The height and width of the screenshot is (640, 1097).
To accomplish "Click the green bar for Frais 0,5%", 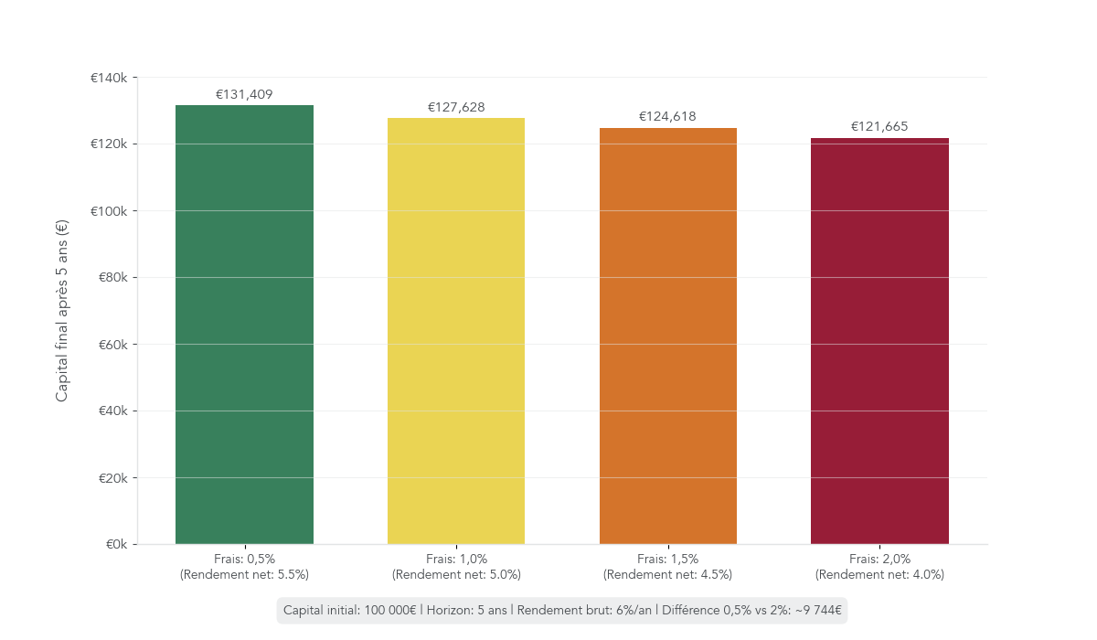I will tap(244, 325).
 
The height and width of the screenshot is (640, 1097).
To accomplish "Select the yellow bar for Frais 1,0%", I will tap(456, 331).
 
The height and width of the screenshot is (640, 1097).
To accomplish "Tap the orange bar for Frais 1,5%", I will tap(668, 336).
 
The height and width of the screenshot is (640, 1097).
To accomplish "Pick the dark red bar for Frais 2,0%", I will tap(879, 341).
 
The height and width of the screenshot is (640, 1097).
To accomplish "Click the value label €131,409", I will tap(244, 94).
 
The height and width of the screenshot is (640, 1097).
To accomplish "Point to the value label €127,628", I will tap(456, 107).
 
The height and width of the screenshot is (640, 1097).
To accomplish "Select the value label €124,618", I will tap(668, 116).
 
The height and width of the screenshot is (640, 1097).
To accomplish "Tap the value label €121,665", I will tap(879, 126).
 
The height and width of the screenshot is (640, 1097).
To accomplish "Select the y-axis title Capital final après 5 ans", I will tap(62, 311).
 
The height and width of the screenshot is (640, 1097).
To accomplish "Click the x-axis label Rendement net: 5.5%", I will tap(244, 575).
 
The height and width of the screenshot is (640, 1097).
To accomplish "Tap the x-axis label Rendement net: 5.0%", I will tap(456, 575).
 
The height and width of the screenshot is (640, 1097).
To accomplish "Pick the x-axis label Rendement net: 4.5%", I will tap(668, 575).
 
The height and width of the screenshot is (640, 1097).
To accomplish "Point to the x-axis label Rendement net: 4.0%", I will tap(879, 575).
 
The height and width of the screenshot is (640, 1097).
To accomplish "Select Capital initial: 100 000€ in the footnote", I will tap(350, 610).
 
